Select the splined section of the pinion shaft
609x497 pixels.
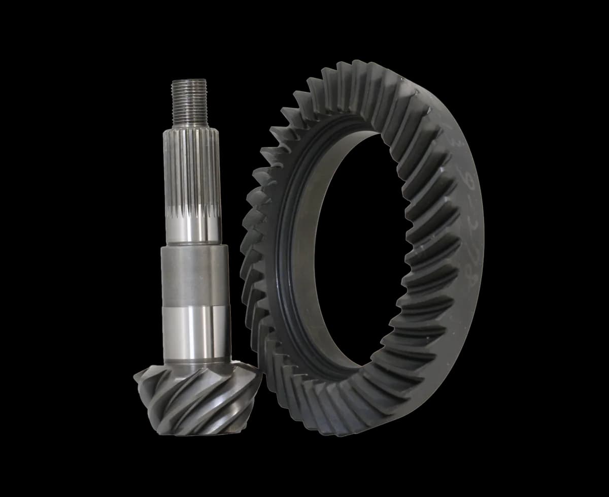coord(191,168)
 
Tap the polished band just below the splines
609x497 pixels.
coord(192,228)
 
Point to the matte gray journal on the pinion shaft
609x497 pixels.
coord(195,274)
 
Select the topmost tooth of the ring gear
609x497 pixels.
coord(360,66)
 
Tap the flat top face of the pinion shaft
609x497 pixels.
coord(189,80)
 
